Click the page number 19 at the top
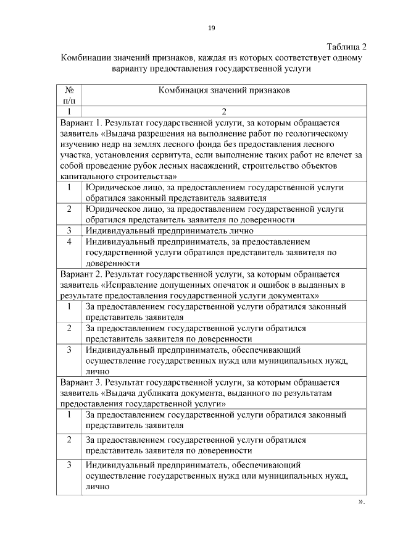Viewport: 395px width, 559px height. (x=211, y=28)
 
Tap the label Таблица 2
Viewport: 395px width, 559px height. (x=346, y=47)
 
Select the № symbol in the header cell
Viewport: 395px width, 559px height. (x=69, y=90)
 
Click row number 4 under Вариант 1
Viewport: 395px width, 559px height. (x=70, y=241)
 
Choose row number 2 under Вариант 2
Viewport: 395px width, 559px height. (x=70, y=329)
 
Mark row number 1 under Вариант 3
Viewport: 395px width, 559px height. (x=70, y=415)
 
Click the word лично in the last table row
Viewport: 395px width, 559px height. (x=98, y=487)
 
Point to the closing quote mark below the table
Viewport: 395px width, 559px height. (x=361, y=502)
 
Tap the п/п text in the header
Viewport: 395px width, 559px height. (x=69, y=101)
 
